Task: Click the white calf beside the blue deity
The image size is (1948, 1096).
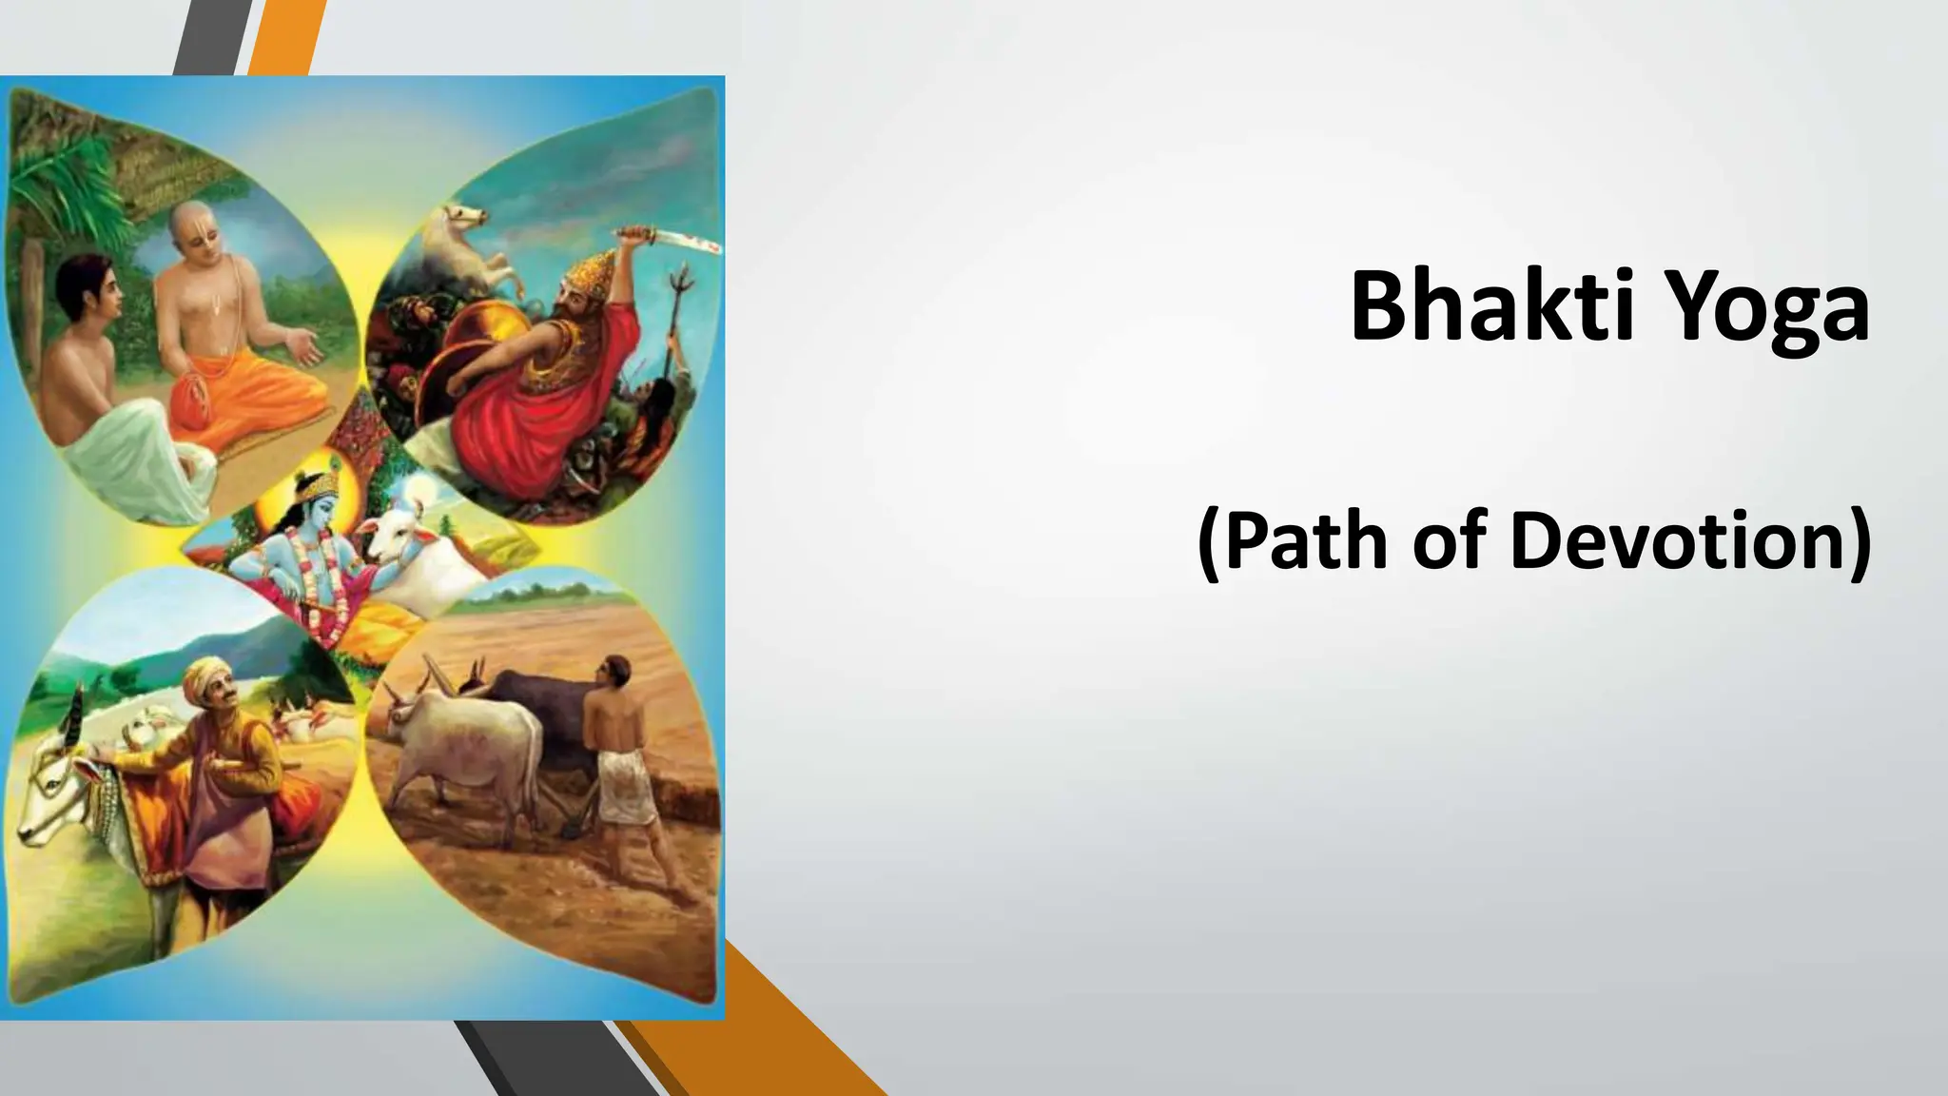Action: click(x=419, y=561)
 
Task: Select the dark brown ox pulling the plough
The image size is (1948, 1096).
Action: click(x=533, y=709)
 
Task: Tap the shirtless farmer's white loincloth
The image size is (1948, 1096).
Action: click(x=623, y=785)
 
